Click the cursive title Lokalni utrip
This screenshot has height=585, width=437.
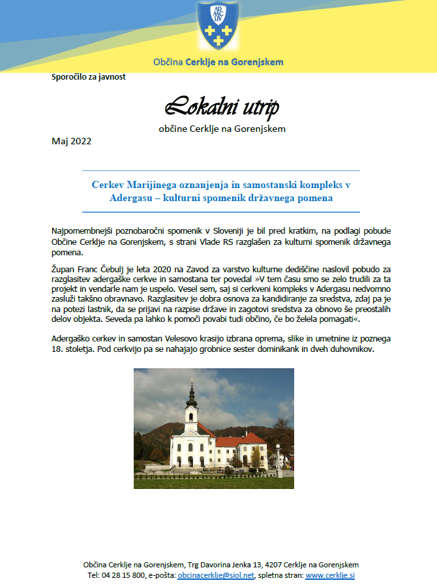222,106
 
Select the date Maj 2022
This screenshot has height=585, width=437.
71,141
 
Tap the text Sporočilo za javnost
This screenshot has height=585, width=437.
88,77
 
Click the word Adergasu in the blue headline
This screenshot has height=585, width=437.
133,198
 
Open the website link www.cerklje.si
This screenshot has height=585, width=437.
329,575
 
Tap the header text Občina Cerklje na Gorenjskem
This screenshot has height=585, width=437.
218,63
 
